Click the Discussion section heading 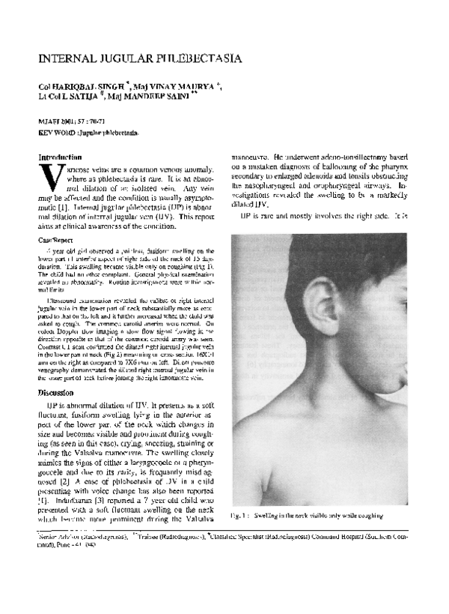pyautogui.click(x=61, y=393)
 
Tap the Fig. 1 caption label pyautogui.click(x=241, y=515)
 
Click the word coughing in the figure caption pyautogui.click(x=367, y=515)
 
